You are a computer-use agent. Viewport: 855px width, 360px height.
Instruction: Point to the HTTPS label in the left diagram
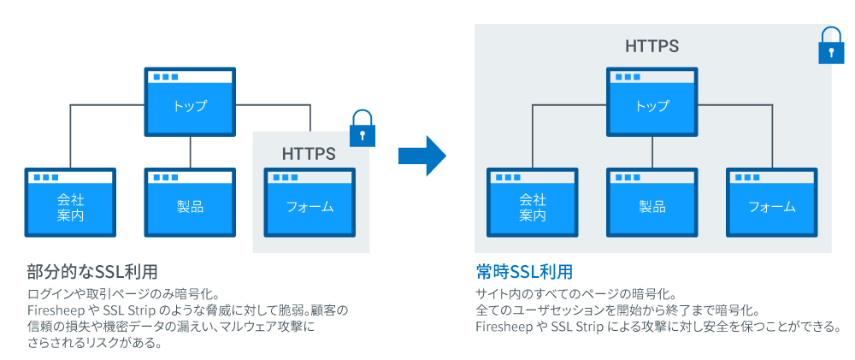(309, 154)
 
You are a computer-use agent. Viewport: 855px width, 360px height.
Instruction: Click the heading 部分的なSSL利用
(92, 272)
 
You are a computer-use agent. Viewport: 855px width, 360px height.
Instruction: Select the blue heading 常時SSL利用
(523, 272)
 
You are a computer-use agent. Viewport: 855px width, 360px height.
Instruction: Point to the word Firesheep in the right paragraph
(504, 327)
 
